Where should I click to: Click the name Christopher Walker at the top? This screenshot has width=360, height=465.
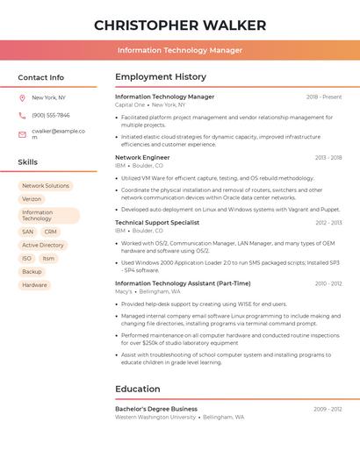click(x=180, y=25)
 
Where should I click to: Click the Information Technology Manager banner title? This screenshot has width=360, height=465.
click(x=180, y=50)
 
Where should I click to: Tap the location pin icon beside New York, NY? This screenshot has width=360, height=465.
click(x=22, y=97)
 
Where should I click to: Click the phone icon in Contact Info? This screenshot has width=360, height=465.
click(x=22, y=115)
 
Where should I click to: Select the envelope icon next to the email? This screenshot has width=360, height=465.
click(x=22, y=134)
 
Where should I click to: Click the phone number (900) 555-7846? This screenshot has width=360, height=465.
click(x=51, y=115)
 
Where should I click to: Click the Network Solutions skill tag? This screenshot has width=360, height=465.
click(x=46, y=186)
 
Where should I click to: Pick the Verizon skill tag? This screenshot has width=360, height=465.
click(x=32, y=199)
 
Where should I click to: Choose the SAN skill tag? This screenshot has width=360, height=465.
click(x=27, y=232)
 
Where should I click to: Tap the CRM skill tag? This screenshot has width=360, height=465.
click(x=50, y=232)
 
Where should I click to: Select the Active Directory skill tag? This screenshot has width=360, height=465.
click(x=43, y=245)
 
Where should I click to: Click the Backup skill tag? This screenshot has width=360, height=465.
click(x=32, y=272)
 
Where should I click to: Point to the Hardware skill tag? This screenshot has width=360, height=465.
click(x=34, y=285)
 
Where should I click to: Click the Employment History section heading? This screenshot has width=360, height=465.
click(x=161, y=77)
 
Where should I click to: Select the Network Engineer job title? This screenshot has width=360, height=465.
click(x=142, y=158)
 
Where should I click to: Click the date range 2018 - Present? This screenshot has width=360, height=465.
click(x=324, y=97)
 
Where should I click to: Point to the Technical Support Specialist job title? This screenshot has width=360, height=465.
click(x=157, y=223)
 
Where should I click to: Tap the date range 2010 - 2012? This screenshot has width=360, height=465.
click(x=328, y=283)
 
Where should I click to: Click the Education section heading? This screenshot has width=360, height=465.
click(x=138, y=389)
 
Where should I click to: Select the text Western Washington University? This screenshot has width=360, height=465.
click(x=155, y=418)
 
